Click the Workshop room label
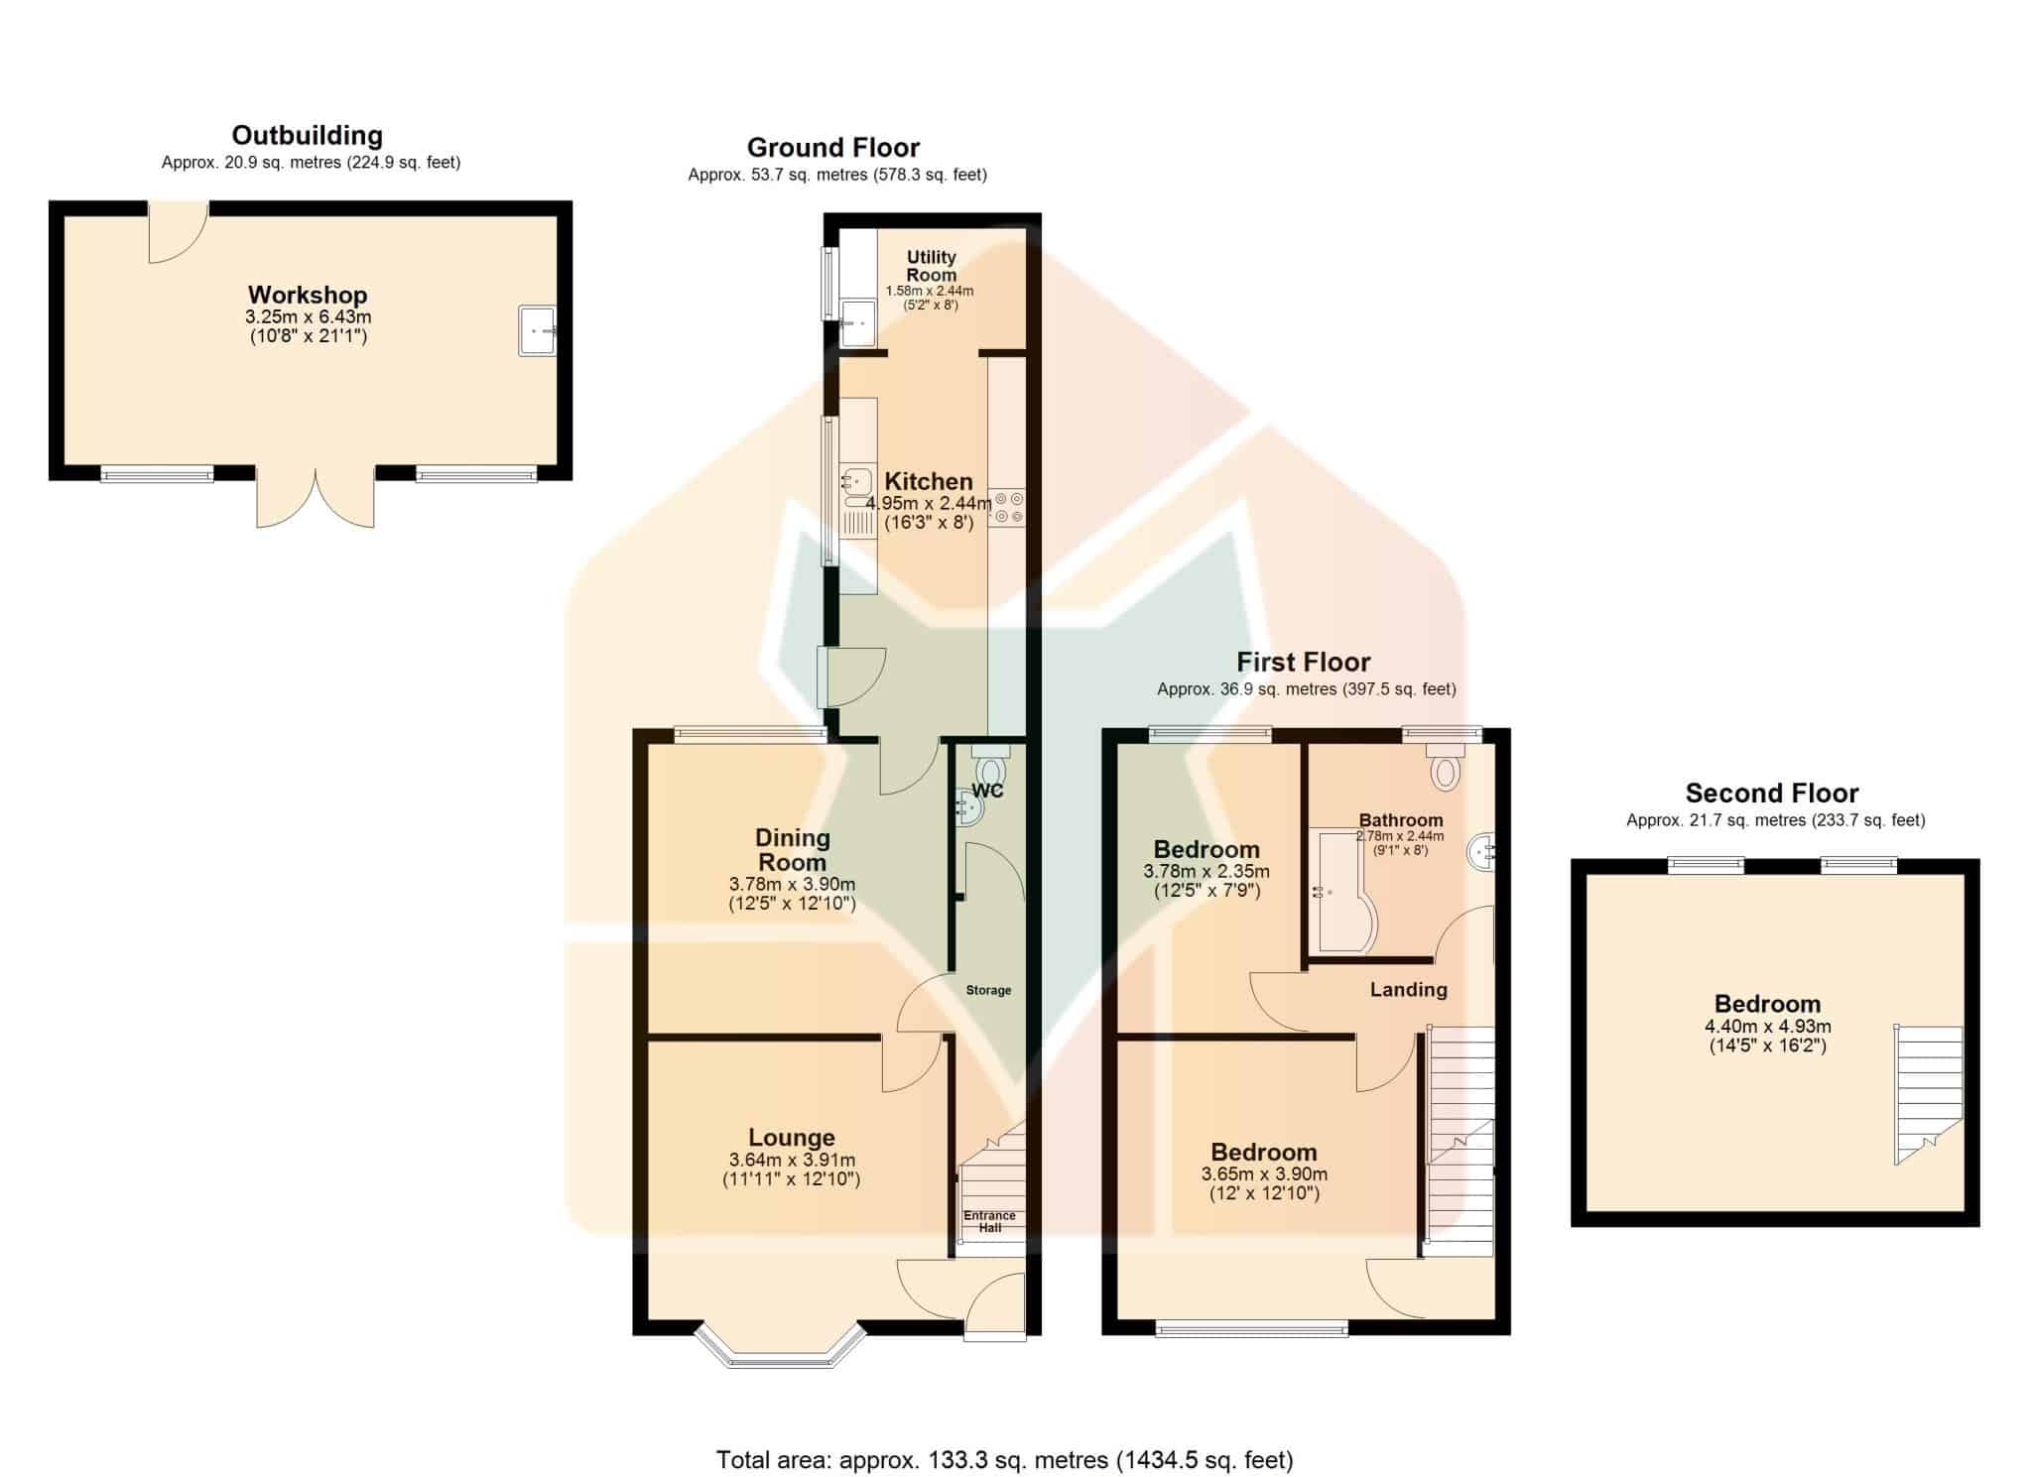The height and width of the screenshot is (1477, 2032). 308,295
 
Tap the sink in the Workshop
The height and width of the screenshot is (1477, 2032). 537,330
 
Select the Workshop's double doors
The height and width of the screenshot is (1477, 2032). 316,496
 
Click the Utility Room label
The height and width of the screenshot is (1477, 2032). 931,266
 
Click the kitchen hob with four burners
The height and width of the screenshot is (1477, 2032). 1007,508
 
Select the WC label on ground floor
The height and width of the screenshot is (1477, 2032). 987,791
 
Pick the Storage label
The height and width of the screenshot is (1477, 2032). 988,990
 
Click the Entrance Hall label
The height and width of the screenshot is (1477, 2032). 989,1221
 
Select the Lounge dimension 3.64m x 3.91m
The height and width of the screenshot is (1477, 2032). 792,1160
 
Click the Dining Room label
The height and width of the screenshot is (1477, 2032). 792,850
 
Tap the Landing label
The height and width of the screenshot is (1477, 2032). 1408,989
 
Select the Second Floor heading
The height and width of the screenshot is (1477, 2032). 1771,793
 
